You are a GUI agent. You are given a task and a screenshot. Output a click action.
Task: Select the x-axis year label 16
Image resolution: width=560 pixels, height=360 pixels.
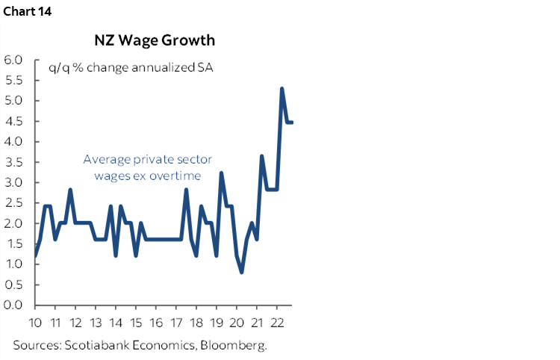click(x=156, y=323)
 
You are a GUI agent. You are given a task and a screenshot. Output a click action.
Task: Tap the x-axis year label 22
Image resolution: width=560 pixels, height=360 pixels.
click(x=277, y=323)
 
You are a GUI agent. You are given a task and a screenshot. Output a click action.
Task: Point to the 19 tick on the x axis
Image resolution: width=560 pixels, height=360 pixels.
click(x=217, y=323)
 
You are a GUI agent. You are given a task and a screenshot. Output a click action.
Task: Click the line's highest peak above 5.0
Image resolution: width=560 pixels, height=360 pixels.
click(x=281, y=88)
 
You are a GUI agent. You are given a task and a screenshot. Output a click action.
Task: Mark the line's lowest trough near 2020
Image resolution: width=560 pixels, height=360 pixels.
click(x=242, y=272)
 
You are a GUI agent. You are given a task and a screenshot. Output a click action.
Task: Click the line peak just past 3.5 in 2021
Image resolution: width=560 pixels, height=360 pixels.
click(x=261, y=156)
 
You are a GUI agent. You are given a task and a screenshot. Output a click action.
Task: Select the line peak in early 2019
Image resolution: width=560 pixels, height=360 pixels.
click(x=222, y=173)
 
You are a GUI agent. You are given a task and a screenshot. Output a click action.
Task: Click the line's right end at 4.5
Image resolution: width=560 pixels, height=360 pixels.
click(x=292, y=122)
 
